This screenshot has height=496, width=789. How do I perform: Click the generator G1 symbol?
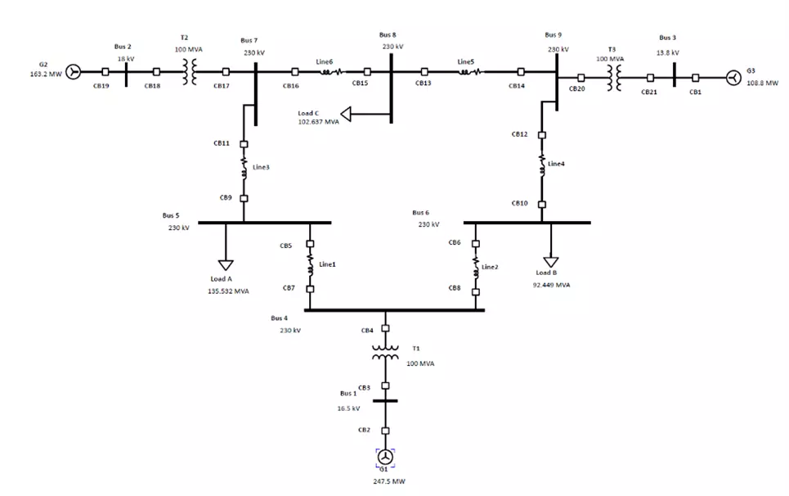click(386, 457)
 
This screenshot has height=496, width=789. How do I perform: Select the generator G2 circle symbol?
click(74, 72)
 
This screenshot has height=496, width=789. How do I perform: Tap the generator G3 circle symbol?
click(733, 78)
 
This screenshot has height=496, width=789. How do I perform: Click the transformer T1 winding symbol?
click(386, 352)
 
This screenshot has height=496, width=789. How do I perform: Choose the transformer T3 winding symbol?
click(614, 78)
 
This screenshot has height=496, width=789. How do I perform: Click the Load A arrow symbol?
click(225, 264)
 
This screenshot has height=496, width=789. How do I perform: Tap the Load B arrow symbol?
click(552, 261)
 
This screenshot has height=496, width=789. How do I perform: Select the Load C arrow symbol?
click(347, 113)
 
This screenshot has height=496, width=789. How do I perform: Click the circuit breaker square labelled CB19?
click(105, 72)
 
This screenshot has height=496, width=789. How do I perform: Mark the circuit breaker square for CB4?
click(386, 331)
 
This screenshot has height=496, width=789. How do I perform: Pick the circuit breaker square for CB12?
click(542, 135)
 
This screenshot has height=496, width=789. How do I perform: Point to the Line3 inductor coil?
click(244, 170)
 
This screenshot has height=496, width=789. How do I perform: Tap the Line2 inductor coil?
click(476, 264)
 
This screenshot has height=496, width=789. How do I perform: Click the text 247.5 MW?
click(386, 482)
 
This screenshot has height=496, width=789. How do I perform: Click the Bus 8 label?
click(388, 35)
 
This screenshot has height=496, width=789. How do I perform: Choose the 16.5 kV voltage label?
click(349, 408)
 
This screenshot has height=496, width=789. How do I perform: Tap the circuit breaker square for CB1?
click(695, 78)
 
